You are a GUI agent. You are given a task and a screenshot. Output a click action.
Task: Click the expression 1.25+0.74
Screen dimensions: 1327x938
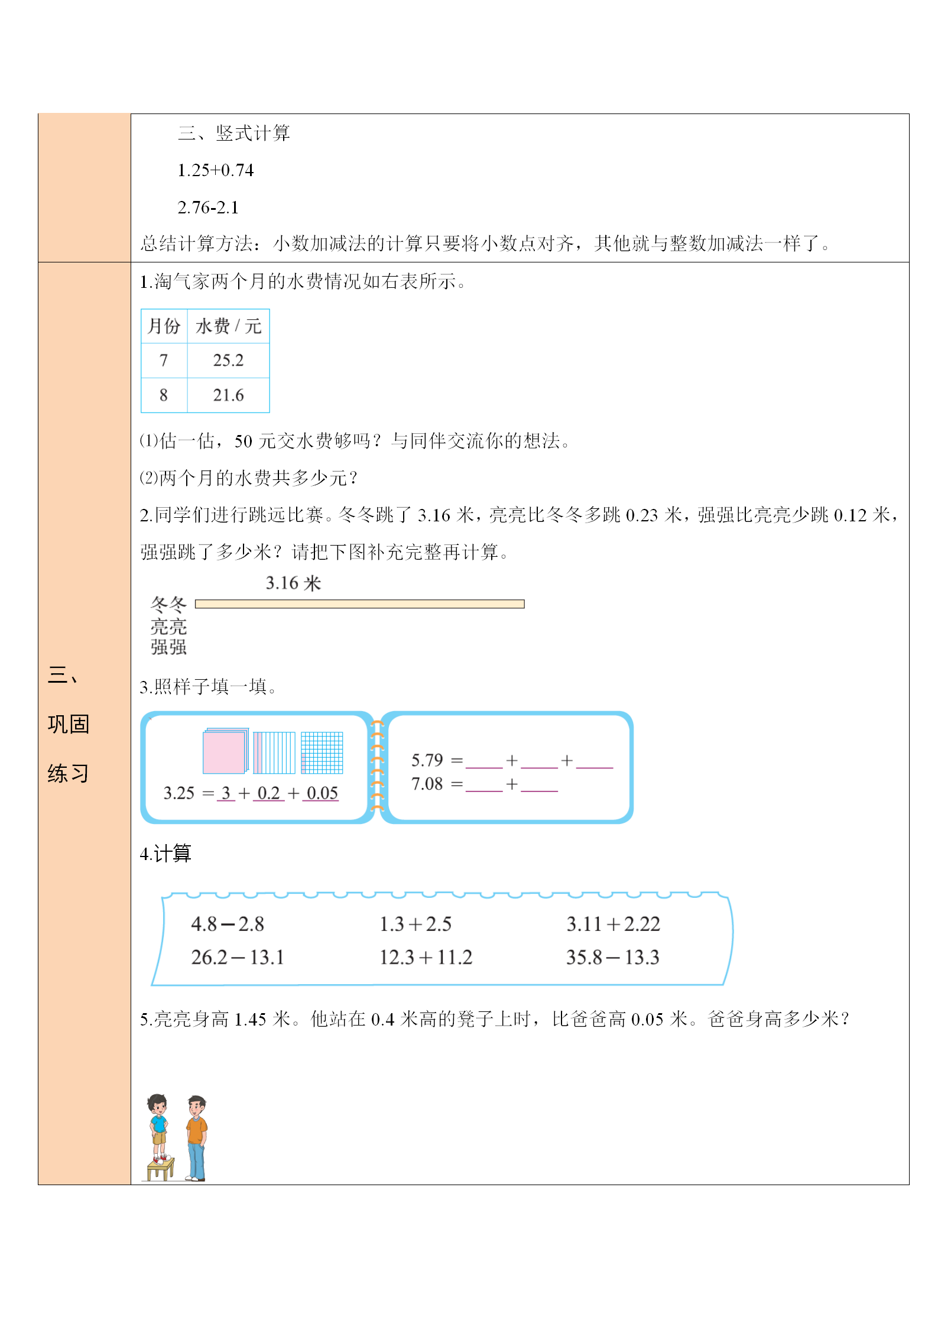[x=215, y=170]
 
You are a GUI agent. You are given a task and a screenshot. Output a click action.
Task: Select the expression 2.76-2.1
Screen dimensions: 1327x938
[x=208, y=207]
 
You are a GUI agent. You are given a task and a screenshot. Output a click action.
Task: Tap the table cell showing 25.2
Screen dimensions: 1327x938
[x=228, y=360]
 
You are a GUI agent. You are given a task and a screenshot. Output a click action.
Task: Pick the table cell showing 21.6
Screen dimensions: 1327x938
[x=228, y=395]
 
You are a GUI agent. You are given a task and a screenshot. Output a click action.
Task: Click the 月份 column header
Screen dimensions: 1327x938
[x=164, y=326]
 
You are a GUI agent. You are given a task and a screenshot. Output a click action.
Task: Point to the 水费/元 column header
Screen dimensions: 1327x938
[x=228, y=326]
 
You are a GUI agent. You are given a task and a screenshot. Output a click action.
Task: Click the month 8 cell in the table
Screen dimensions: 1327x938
[x=164, y=395]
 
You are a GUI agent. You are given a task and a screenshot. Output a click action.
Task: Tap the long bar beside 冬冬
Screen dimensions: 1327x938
[x=359, y=604]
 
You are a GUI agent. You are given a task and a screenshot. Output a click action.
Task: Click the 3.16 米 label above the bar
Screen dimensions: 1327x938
[x=293, y=583]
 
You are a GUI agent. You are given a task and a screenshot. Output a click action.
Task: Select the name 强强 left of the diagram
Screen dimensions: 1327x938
[x=168, y=647]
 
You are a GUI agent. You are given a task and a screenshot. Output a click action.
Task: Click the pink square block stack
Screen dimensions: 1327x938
[x=225, y=751]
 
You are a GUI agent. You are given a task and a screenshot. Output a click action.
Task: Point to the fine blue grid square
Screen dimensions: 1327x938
[x=322, y=752]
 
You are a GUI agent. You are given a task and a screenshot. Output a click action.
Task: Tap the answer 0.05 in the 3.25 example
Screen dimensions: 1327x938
[x=322, y=793]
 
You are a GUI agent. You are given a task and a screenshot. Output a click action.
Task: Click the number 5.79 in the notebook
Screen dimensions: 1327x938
[x=427, y=760]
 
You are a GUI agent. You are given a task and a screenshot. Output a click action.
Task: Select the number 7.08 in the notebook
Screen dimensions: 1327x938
[x=427, y=784]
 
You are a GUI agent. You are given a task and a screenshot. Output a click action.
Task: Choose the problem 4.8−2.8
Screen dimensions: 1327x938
[x=228, y=924]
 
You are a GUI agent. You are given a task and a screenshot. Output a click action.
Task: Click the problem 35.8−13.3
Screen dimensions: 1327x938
[x=612, y=957]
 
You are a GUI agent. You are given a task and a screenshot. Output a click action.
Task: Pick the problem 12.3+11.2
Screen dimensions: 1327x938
[x=426, y=957]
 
